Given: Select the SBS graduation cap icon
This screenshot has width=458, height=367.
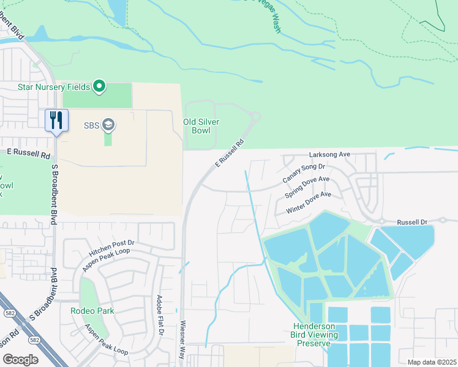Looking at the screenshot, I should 110,125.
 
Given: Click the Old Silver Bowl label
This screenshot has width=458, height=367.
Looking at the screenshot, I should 201,126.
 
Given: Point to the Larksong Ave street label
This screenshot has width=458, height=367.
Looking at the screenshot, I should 329,155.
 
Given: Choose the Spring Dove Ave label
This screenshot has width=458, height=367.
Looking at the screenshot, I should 307,187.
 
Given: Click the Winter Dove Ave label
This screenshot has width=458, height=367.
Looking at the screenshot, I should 309,202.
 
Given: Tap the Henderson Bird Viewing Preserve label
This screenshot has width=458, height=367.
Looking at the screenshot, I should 315,335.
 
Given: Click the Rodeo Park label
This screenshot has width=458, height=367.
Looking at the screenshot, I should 92,311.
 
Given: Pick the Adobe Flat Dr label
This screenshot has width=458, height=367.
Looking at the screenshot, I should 160,315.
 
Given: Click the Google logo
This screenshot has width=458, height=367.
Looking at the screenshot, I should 20,359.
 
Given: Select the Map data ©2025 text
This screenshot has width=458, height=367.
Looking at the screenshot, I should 431,362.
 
